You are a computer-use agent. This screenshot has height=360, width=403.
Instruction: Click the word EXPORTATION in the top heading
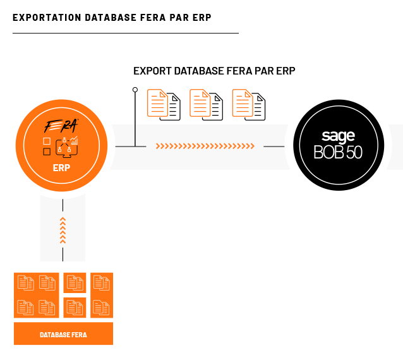point(47,18)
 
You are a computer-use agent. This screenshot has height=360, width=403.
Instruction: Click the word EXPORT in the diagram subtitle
point(153,71)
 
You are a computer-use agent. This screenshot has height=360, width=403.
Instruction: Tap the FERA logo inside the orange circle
point(61,126)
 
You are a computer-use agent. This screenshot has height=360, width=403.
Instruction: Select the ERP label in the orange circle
point(61,168)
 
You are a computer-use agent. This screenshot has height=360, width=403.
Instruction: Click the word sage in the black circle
point(338,136)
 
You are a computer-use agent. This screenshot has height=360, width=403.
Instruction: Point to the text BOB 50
point(338,152)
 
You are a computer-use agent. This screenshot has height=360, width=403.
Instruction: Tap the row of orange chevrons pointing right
point(205,146)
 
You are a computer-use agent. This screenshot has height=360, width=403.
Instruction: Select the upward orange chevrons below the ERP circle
point(63,231)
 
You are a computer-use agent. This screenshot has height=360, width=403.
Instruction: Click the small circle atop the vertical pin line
point(135,90)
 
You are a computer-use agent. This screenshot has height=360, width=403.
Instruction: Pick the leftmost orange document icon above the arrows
point(157,103)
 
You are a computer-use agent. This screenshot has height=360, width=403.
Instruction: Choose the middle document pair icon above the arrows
point(206,105)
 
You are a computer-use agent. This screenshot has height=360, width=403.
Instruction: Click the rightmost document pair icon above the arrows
point(248,105)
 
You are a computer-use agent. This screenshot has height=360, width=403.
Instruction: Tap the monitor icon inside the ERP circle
point(66,148)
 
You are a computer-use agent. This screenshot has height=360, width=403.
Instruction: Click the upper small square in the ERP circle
point(47,141)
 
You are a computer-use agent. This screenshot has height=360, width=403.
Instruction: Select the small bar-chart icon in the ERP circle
point(74,141)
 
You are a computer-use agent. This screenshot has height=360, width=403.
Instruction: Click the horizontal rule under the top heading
point(126,33)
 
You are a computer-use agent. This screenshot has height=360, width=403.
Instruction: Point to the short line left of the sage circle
point(274,147)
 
